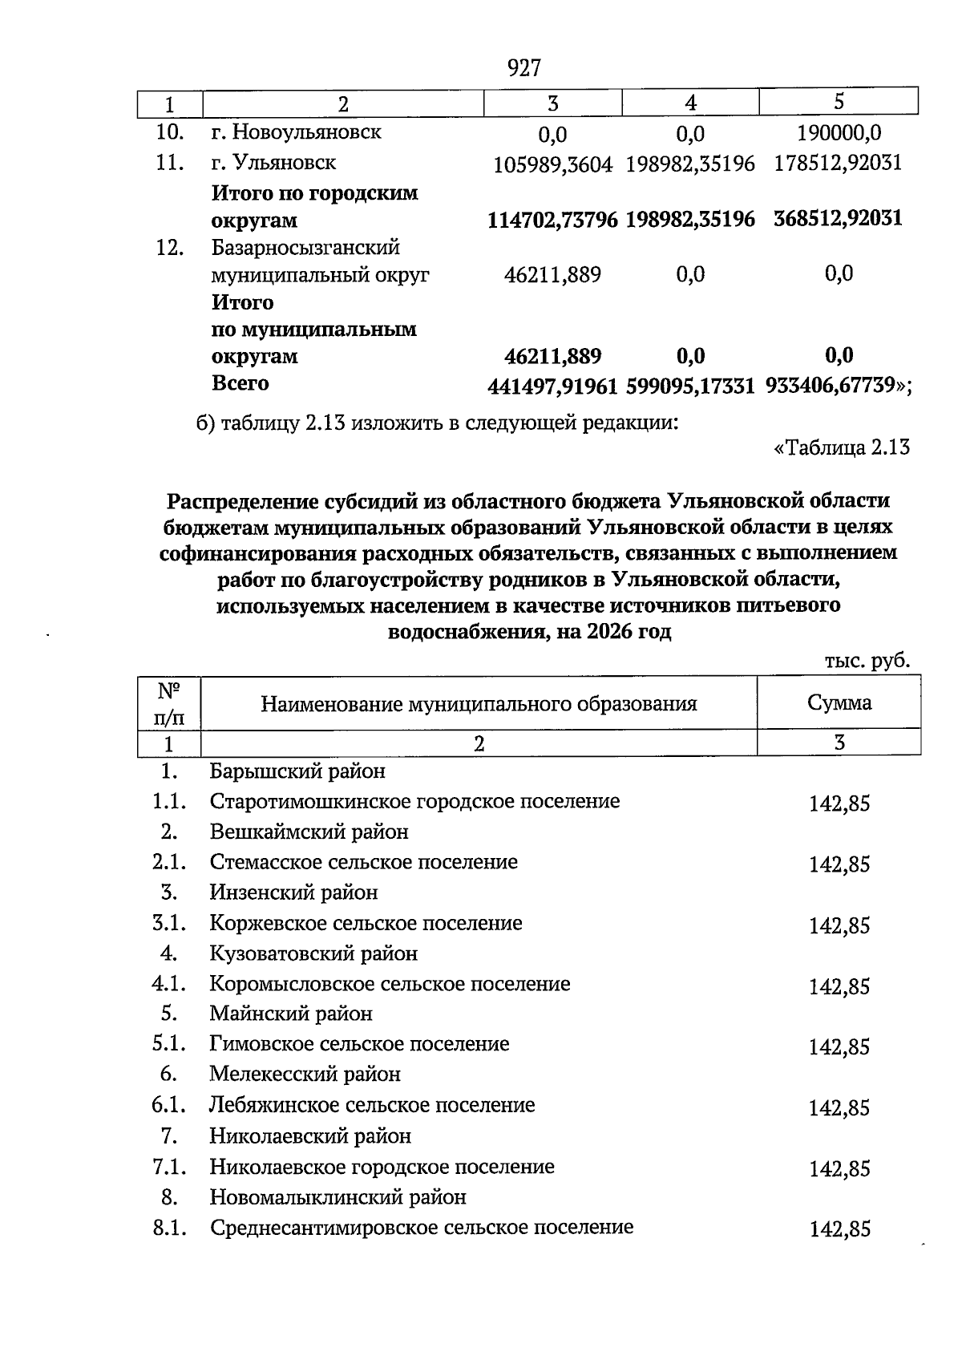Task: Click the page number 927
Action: click(x=524, y=68)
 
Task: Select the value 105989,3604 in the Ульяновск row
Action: click(x=552, y=164)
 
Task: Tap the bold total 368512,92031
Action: click(x=838, y=218)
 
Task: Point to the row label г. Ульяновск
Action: click(x=273, y=163)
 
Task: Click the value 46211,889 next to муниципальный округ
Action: click(x=552, y=275)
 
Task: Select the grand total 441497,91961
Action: click(x=552, y=387)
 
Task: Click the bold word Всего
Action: click(x=240, y=383)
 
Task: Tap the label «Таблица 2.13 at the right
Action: click(x=841, y=447)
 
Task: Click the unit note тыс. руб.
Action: click(x=867, y=661)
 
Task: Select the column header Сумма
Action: click(x=839, y=702)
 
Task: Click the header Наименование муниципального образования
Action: click(x=479, y=704)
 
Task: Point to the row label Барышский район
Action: click(x=297, y=771)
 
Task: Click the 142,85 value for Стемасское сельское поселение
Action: click(x=839, y=864)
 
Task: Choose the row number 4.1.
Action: click(x=169, y=983)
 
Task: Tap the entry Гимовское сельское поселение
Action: click(x=359, y=1044)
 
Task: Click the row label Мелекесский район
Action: click(x=305, y=1074)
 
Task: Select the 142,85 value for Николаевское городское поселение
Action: click(x=839, y=1169)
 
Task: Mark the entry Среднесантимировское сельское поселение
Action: click(x=422, y=1227)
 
